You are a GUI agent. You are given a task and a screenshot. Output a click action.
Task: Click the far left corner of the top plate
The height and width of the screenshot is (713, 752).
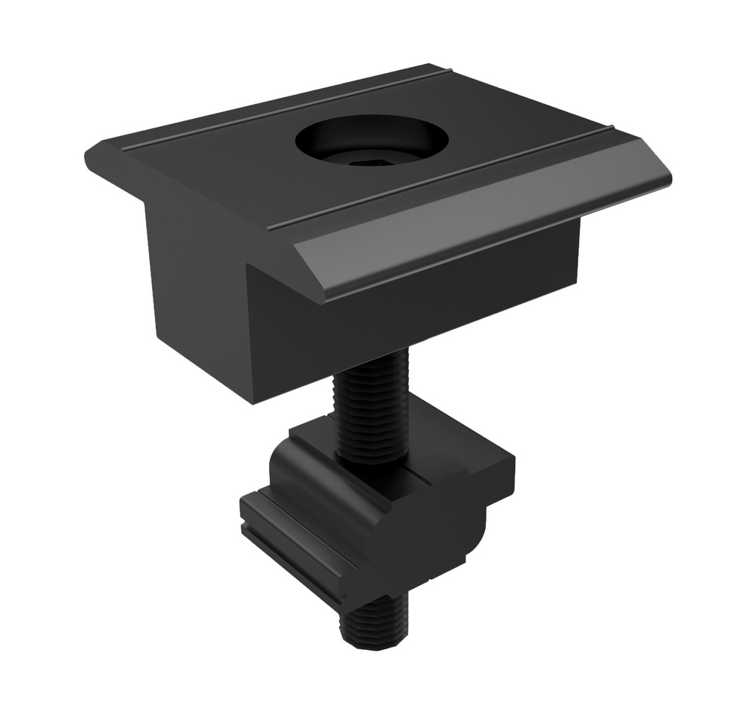coord(87,154)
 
